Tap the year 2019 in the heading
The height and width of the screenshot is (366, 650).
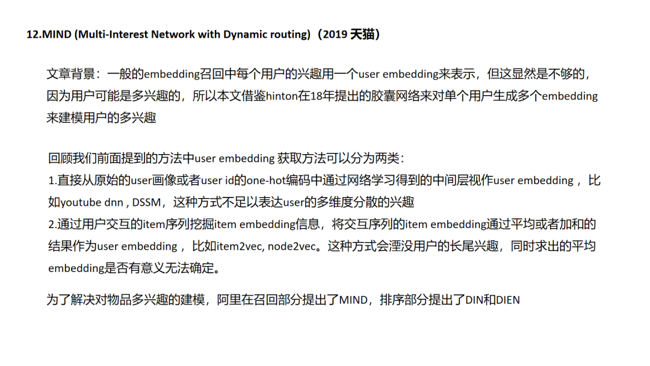tap(336, 34)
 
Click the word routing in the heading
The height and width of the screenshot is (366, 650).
tap(289, 34)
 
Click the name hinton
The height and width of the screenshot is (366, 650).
tap(282, 96)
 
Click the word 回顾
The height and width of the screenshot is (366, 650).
tap(60, 159)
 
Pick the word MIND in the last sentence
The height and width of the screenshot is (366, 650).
tap(353, 300)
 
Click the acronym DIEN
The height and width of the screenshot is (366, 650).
tap(508, 300)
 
